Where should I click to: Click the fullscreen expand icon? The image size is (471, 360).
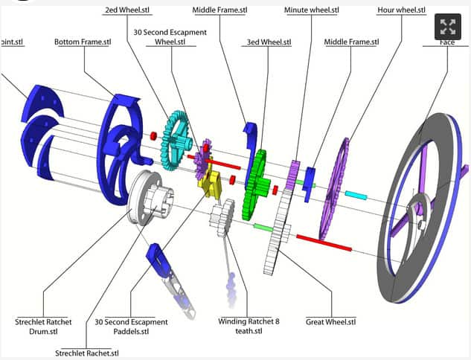tap(447, 28)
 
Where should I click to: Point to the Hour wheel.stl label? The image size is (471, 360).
tap(400, 10)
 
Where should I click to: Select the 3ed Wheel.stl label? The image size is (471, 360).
tap(269, 42)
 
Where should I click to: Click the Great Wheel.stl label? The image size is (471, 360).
tap(330, 322)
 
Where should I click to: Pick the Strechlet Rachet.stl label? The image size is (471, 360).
tap(87, 353)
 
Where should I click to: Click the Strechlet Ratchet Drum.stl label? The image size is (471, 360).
tap(43, 327)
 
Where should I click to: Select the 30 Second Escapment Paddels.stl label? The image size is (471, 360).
tap(131, 327)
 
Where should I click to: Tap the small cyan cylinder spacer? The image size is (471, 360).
tap(355, 196)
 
